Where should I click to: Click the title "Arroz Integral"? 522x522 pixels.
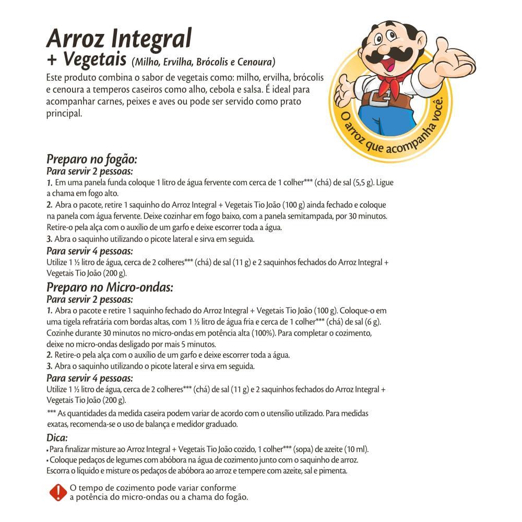tap(119, 39)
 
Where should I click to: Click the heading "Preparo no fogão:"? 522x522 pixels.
tap(91, 159)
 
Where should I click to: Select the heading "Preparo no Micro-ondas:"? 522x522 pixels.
tap(110, 287)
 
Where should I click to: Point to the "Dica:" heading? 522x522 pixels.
tap(57, 437)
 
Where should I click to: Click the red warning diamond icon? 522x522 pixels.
tap(57, 492)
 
